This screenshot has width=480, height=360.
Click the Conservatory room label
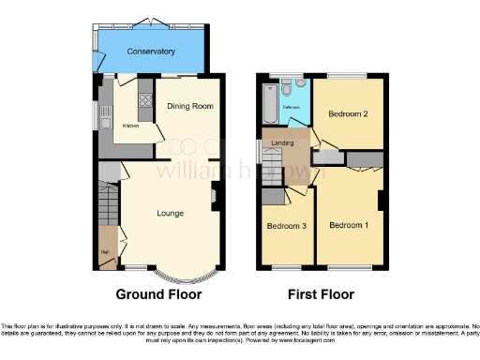click(x=151, y=51)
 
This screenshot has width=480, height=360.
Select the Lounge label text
click(x=170, y=214)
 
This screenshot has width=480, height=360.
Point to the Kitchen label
click(x=131, y=126)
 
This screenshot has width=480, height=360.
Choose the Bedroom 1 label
click(x=348, y=226)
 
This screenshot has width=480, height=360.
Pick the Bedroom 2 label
click(x=347, y=113)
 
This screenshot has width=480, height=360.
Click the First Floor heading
click(x=321, y=294)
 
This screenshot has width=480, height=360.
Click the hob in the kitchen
click(x=145, y=95)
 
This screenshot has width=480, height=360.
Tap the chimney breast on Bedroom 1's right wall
click(x=382, y=201)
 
